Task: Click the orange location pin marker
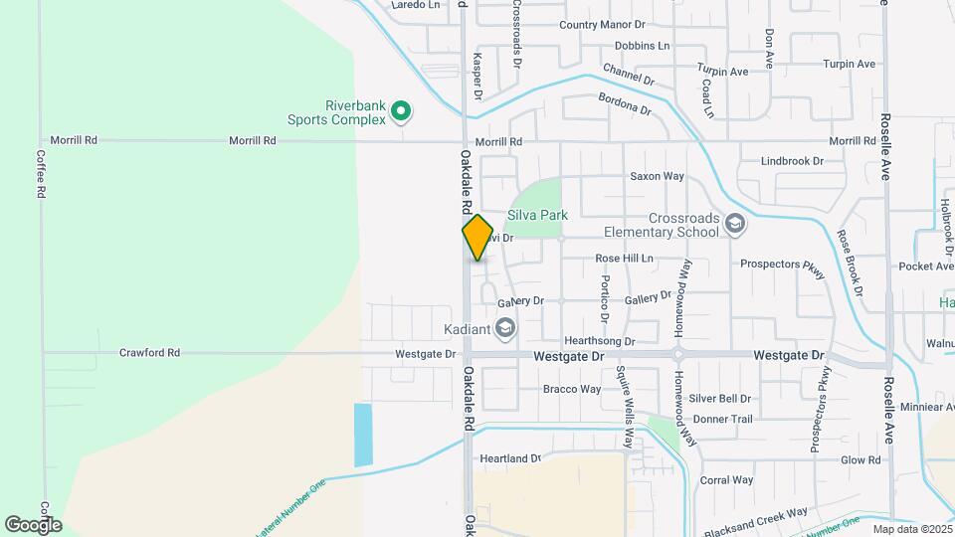point(477,238)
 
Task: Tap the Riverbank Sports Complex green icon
point(401,112)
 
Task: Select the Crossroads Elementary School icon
point(735,223)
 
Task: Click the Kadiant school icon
point(505,328)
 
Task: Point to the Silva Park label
point(537,214)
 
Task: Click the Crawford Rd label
point(149,352)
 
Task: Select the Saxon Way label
point(657,176)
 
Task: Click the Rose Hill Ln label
point(624,258)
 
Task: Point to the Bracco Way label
point(572,389)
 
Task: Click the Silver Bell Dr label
point(719,398)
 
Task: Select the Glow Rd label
point(860,459)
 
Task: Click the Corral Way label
point(725,479)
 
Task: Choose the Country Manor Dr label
point(602,25)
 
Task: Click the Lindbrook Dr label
point(792,160)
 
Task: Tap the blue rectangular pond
point(363,435)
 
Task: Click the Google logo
point(33,524)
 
